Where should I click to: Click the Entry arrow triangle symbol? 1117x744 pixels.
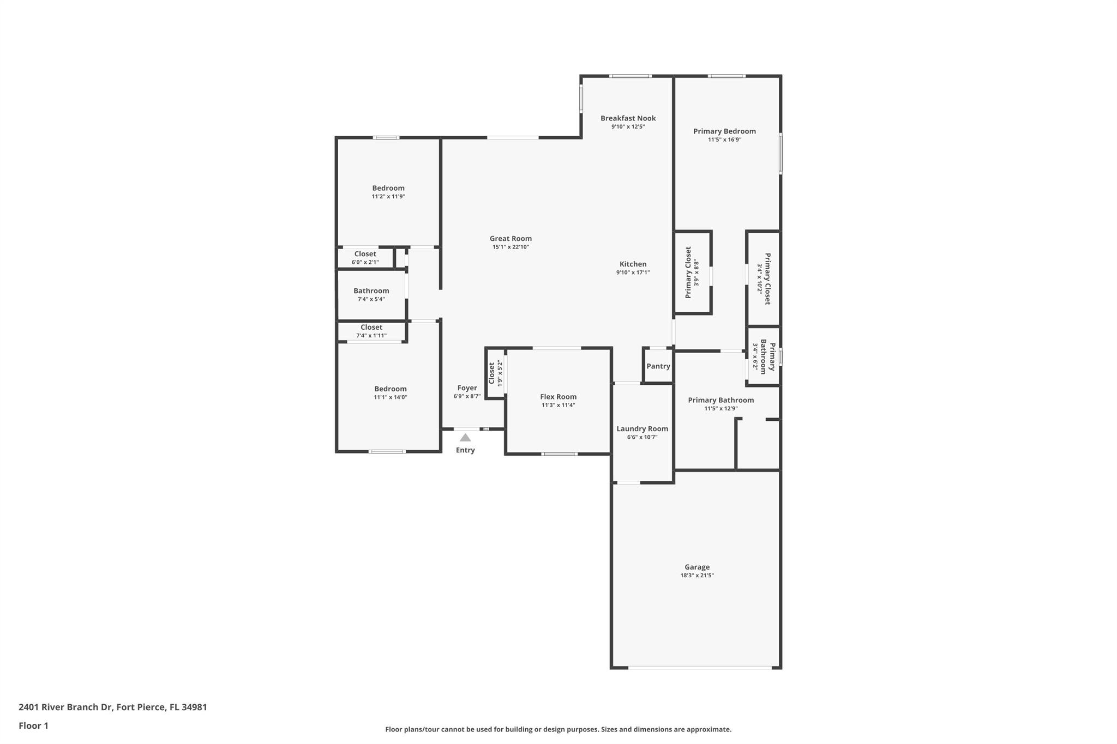tap(465, 437)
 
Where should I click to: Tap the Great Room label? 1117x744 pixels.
tap(511, 238)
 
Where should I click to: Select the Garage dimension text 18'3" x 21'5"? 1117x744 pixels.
tap(697, 575)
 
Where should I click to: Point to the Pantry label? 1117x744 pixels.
tap(658, 366)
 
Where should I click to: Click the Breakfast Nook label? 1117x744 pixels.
tap(628, 118)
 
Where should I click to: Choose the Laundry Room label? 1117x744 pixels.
tap(642, 428)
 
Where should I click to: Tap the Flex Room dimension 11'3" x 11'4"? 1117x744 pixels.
tap(558, 405)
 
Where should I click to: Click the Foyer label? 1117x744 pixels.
tap(467, 388)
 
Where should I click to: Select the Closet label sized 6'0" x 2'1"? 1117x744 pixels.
tap(365, 253)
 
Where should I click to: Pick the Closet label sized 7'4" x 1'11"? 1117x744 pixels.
tap(371, 327)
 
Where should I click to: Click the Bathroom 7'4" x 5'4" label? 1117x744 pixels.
tap(371, 291)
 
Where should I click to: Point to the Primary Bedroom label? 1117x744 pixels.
tap(724, 131)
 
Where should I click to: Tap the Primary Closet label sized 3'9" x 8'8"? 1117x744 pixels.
tap(688, 272)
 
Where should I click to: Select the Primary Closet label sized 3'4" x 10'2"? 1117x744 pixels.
tap(767, 279)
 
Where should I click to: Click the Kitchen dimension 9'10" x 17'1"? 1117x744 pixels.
tap(633, 273)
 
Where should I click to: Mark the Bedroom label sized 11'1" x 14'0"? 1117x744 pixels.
tap(390, 389)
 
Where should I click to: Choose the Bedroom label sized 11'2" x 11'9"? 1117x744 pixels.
tap(388, 188)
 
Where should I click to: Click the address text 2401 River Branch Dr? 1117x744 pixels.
tap(65, 707)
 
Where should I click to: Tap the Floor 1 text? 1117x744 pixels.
tap(33, 725)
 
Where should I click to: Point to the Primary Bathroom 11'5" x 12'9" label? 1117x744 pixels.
tap(720, 400)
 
